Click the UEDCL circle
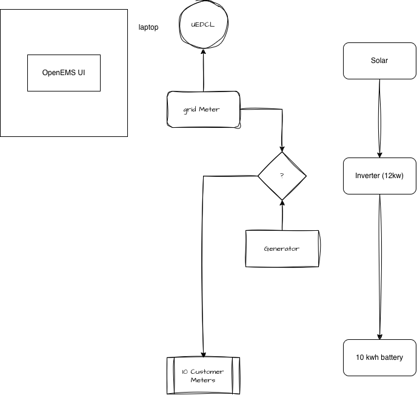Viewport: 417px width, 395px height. coord(204,25)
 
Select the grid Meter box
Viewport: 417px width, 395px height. coord(204,110)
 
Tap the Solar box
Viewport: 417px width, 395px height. coord(379,61)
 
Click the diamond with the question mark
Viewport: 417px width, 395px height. coord(282,176)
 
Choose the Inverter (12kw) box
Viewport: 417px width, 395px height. coord(379,176)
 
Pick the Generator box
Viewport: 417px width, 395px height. coord(282,248)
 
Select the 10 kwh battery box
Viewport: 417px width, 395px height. coord(379,357)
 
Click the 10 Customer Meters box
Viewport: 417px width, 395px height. coord(203,376)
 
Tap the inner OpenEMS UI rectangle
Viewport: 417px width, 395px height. coord(64,73)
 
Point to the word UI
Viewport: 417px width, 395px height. coord(81,73)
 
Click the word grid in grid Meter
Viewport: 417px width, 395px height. coord(190,110)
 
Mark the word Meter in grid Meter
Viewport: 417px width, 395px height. coord(209,110)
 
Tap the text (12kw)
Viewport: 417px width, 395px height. coord(393,176)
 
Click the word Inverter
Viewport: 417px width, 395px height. coord(368,176)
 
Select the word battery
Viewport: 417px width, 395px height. coord(391,357)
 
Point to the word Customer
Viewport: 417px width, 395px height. coord(207,371)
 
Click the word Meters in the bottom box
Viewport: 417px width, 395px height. coord(203,380)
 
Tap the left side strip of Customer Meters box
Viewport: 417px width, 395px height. coord(170,376)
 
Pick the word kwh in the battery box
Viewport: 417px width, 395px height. coord(372,357)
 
